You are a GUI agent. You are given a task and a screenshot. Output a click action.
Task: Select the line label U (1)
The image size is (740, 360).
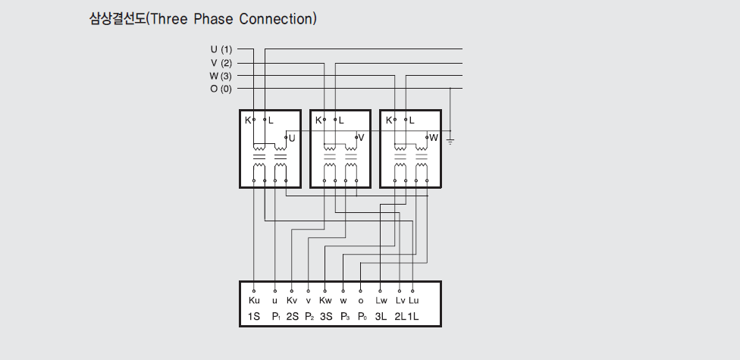click(221, 50)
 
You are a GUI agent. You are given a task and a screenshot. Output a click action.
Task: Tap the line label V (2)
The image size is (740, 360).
click(221, 63)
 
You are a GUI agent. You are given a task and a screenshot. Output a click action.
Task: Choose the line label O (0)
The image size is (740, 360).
click(221, 89)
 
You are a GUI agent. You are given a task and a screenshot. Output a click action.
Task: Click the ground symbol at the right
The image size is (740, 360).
click(450, 141)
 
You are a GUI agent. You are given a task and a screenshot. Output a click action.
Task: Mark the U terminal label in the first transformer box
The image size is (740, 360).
click(292, 139)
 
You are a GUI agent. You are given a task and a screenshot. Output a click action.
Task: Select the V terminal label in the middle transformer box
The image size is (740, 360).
click(361, 138)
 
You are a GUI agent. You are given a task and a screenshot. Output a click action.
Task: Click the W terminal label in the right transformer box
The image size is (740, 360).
click(434, 138)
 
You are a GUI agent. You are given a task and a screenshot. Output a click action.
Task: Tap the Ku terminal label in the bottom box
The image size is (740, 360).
click(253, 301)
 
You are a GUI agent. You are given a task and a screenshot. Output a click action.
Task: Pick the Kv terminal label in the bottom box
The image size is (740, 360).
click(292, 301)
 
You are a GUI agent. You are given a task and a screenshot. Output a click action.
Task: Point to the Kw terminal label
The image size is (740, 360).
click(326, 301)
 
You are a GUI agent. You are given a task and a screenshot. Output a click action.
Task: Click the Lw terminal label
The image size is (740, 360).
click(381, 301)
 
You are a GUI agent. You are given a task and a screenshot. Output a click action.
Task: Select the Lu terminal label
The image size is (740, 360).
click(413, 301)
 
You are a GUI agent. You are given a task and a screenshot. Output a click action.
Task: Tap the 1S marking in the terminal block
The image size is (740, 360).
click(254, 316)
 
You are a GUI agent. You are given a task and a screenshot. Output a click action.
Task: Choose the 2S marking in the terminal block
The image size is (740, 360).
click(293, 316)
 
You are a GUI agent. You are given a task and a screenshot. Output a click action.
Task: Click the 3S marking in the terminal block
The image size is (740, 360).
click(326, 316)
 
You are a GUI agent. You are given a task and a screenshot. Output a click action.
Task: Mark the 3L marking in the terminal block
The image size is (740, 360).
click(381, 316)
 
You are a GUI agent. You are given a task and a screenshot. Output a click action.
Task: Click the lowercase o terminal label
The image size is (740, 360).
click(360, 301)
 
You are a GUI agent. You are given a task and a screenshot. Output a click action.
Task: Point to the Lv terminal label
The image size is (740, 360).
click(400, 301)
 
